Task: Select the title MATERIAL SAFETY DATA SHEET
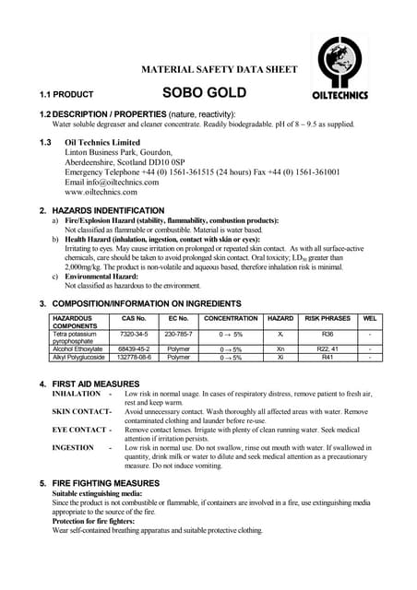click(219, 69)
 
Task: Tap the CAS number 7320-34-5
click(135, 334)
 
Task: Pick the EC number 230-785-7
click(178, 334)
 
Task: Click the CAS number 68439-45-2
click(135, 349)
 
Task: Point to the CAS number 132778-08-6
click(135, 358)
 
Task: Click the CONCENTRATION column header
click(230, 318)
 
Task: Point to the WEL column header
click(370, 318)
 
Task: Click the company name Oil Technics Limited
click(102, 143)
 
